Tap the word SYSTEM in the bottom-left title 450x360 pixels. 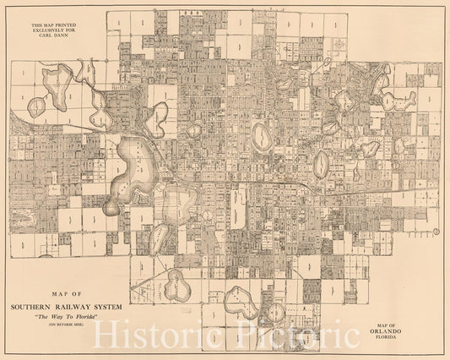[x=117, y=307]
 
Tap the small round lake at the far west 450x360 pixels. [x=37, y=106]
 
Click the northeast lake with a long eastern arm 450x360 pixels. [x=397, y=99]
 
